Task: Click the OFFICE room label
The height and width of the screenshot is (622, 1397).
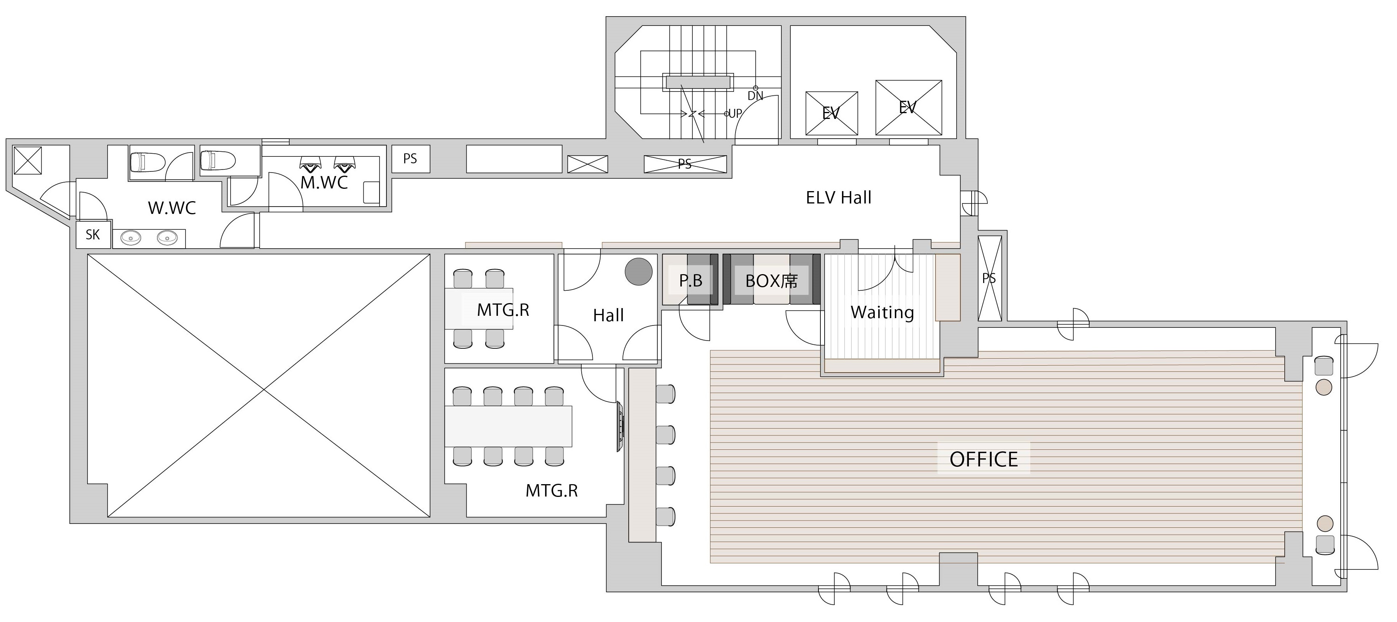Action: pos(983,459)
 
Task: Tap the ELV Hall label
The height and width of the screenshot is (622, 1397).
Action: pos(839,198)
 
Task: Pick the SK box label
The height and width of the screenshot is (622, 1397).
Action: pos(93,234)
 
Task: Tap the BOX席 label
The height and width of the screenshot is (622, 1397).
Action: pos(771,281)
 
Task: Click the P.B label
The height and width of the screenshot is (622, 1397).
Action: pos(690,281)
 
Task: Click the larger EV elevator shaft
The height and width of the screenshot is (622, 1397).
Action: pos(908,107)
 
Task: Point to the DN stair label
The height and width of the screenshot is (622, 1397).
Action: pos(756,96)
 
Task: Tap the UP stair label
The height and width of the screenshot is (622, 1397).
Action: pos(735,114)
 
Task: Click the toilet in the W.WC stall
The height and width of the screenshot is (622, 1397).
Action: pos(147,162)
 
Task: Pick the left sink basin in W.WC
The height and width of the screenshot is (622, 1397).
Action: pos(130,238)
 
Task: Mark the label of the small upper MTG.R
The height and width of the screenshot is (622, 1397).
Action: pos(503,310)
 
